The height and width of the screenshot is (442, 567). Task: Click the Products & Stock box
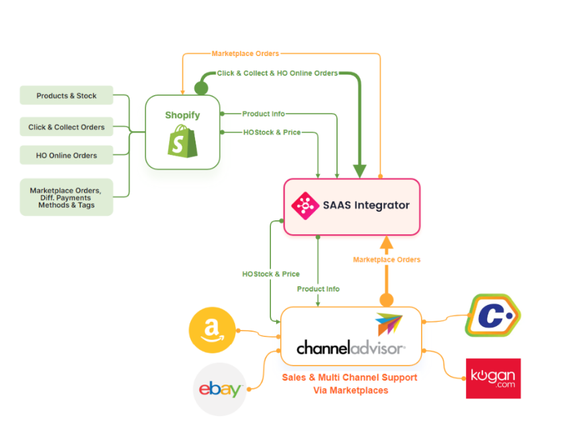pyautogui.click(x=66, y=96)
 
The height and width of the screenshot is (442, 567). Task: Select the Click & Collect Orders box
pyautogui.click(x=66, y=127)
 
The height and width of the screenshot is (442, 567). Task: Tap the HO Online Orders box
pyautogui.click(x=66, y=156)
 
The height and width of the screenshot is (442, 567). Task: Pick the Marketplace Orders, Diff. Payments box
pyautogui.click(x=66, y=197)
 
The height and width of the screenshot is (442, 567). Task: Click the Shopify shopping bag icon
pyautogui.click(x=182, y=141)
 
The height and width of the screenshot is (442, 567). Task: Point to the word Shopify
pyautogui.click(x=182, y=115)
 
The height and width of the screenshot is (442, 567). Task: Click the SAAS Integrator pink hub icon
pyautogui.click(x=305, y=205)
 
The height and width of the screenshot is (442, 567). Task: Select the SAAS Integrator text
pyautogui.click(x=366, y=205)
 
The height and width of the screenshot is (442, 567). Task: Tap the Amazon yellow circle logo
pyautogui.click(x=212, y=330)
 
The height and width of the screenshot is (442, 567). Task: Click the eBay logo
pyautogui.click(x=221, y=389)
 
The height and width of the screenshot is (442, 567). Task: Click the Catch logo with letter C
pyautogui.click(x=493, y=316)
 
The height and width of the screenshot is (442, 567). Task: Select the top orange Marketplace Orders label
pyautogui.click(x=245, y=53)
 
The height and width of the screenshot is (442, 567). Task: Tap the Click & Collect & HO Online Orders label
pyautogui.click(x=278, y=73)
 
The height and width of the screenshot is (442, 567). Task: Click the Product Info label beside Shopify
pyautogui.click(x=263, y=114)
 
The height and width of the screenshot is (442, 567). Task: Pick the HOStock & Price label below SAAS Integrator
pyautogui.click(x=271, y=274)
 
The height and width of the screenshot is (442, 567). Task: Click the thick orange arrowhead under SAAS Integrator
pyautogui.click(x=387, y=242)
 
